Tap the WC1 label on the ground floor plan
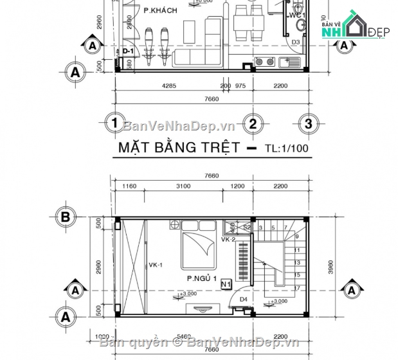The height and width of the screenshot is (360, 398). pos(296,14)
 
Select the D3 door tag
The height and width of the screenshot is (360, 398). pos(296,42)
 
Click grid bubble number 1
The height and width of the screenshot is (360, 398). pos(113,123)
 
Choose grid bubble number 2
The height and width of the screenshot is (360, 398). pos(253,123)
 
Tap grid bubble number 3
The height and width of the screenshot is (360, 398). pos(309,123)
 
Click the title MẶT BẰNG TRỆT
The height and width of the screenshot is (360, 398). pos(179,147)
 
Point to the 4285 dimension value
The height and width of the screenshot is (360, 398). pos(168,85)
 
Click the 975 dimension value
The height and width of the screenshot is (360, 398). pos(240,85)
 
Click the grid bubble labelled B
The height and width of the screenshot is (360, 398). pos(65,217)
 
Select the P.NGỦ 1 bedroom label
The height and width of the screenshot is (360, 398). pos(201,279)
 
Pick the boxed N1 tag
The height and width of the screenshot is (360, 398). pos(226,283)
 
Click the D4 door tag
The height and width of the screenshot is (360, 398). pos(244,299)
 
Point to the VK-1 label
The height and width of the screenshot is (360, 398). pos(155,264)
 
